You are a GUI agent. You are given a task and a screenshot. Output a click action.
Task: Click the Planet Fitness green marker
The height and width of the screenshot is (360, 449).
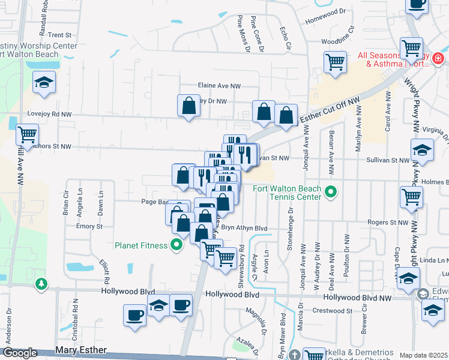coord(176,245)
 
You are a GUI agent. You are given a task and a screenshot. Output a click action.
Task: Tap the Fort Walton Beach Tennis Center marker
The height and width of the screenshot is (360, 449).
coord(330,193)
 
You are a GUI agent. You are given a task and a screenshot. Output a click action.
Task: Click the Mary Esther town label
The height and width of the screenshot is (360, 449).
coord(80,350)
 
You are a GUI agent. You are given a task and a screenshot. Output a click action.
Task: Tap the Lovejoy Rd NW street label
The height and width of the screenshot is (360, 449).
coord(49,114)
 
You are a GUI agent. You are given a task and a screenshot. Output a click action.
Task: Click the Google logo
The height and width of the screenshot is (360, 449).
coord(20,353)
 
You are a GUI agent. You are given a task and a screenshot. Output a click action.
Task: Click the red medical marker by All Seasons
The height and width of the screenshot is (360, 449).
coord(438,59)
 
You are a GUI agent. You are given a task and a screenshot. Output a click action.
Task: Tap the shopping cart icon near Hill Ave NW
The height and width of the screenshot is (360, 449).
coord(27,134)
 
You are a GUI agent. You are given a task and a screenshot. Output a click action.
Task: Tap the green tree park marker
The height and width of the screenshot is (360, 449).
coord(41,283)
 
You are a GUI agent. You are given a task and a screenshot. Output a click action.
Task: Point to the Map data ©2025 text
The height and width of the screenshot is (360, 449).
coord(424,355)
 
